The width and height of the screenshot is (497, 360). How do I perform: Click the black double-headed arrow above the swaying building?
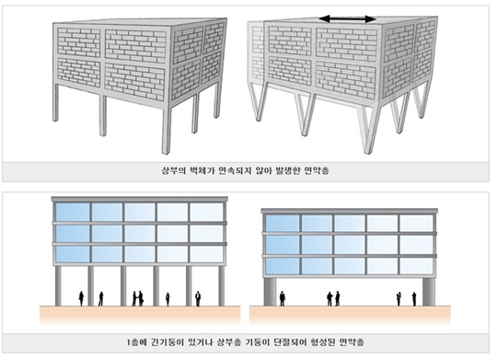coord(347,19)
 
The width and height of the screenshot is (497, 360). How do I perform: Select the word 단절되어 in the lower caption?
coord(290,343)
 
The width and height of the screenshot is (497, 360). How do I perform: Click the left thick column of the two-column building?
coord(270,292)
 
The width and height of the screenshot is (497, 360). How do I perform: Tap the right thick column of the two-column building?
coord(429,292)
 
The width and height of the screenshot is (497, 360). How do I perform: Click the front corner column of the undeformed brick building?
coord(167,131)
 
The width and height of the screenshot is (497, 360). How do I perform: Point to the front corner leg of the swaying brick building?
coord(369,130)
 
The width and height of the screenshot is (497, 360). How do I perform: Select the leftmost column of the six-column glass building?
coord(58,285)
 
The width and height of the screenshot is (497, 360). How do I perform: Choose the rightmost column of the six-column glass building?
coord(222,285)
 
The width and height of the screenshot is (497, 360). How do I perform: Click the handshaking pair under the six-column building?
coord(137,298)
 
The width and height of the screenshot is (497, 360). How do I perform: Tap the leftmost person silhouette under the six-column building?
coord(81,299)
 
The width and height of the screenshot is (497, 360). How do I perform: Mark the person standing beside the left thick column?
coord(283,299)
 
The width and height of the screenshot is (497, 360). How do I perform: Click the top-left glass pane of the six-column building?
coord(73,212)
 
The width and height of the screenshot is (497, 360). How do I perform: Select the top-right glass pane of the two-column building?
coord(416,224)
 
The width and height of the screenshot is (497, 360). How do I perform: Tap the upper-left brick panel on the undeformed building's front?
coord(78,42)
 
